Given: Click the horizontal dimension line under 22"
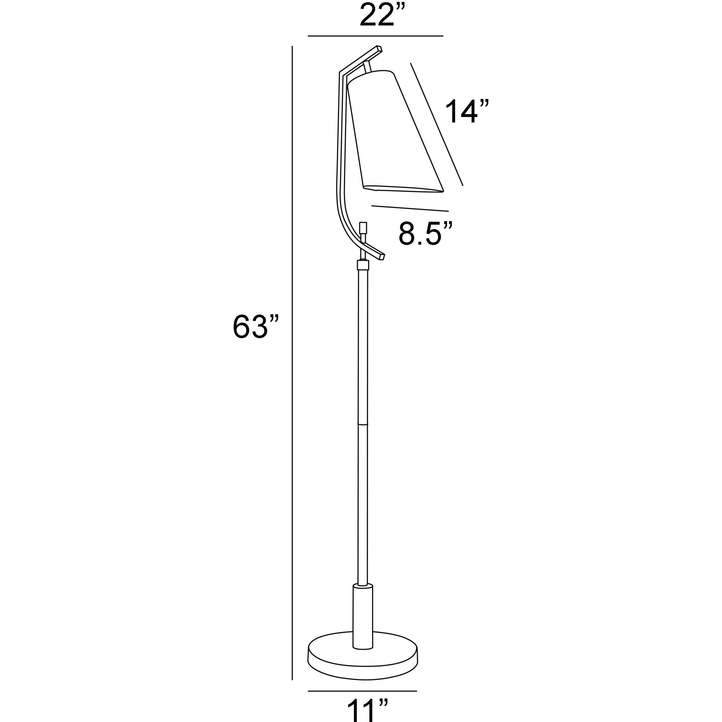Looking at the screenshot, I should click(x=375, y=36).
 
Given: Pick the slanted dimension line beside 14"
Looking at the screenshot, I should click(x=436, y=124).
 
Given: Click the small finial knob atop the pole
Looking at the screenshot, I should click(x=363, y=228).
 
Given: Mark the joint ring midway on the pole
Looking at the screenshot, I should click(x=363, y=424).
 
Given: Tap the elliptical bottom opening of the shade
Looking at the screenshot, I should click(x=404, y=189).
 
